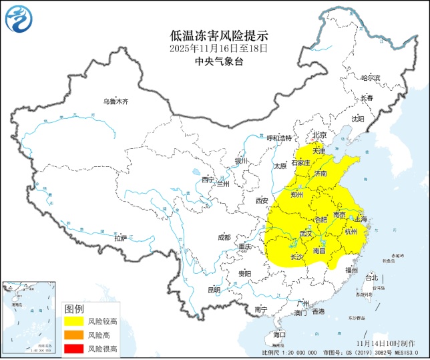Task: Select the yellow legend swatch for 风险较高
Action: pyautogui.click(x=74, y=321)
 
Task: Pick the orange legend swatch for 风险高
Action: pyautogui.click(x=74, y=335)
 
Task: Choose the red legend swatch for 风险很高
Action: pyautogui.click(x=74, y=348)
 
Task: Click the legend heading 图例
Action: pyautogui.click(x=74, y=309)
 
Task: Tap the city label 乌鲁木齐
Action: pyautogui.click(x=115, y=101)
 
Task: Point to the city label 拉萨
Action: pyautogui.click(x=120, y=238)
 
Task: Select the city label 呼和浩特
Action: pyautogui.click(x=279, y=138)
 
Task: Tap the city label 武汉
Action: pyautogui.click(x=306, y=234)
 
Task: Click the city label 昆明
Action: pyautogui.click(x=213, y=290)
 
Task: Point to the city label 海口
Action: pyautogui.click(x=279, y=334)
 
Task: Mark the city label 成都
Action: pyautogui.click(x=223, y=237)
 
